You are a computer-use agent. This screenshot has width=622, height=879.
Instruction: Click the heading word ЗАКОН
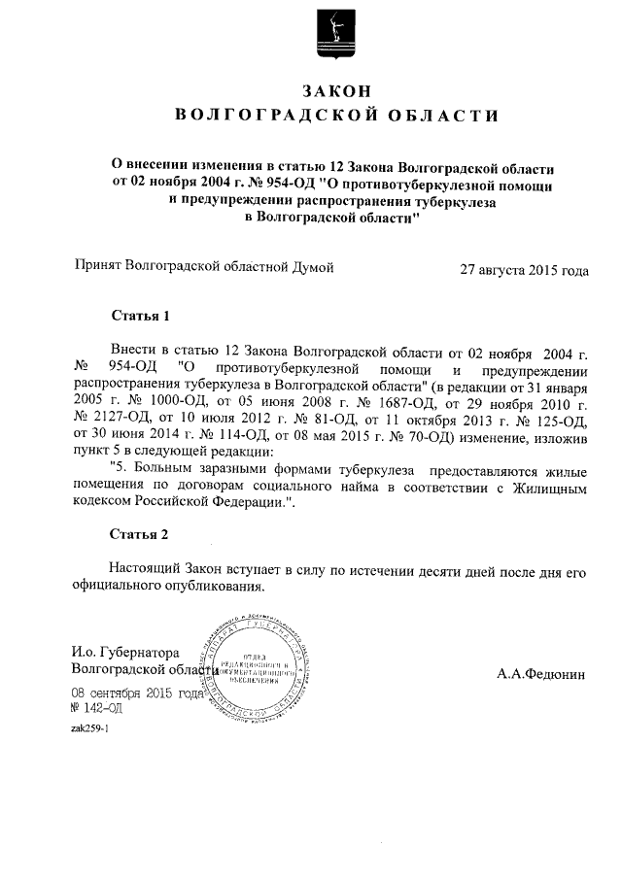point(336,90)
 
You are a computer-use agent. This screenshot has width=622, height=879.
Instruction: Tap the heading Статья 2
point(140,535)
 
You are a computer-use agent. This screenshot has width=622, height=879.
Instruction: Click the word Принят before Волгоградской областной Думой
point(98,264)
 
